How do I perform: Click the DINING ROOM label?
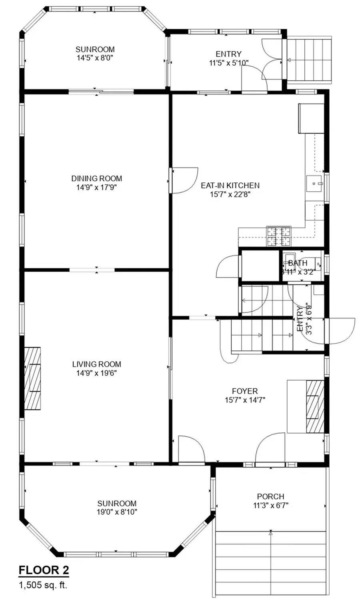pos(96,178)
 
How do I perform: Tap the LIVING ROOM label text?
pos(96,364)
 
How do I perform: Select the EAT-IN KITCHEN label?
pos(230,185)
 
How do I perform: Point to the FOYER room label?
pos(245,391)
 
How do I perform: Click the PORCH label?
pos(270,496)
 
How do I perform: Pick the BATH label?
pos(298,263)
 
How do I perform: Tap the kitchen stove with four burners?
pos(278,236)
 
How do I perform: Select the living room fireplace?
pos(33,378)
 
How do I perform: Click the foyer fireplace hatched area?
pos(315,406)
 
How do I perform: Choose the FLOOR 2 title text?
pos(44,570)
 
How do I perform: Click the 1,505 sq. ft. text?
pos(43,585)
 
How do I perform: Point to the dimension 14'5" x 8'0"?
pos(95,58)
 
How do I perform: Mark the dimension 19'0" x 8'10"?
pos(117,512)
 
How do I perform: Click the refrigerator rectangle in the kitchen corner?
pos(311,118)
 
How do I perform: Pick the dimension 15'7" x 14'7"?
pos(245,400)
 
